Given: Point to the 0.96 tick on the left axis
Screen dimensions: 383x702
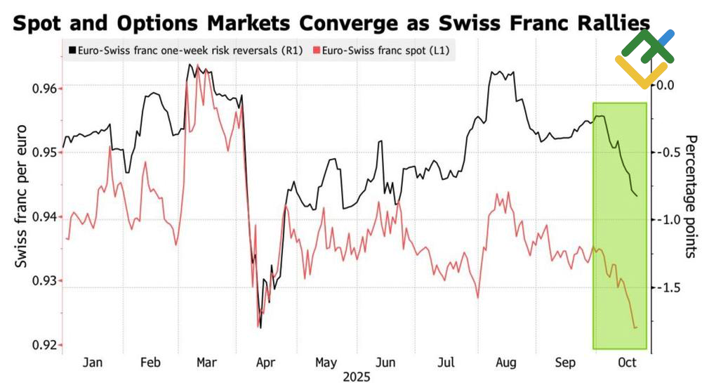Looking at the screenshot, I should click(44, 89).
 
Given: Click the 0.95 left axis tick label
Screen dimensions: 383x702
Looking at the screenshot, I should click(44, 152).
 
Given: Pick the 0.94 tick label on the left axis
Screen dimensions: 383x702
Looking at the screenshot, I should click(44, 217).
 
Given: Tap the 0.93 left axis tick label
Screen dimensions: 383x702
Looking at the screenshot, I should click(44, 281).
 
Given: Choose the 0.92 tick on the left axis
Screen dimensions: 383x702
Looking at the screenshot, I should click(44, 345).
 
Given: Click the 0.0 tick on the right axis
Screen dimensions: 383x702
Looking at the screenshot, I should click(663, 85).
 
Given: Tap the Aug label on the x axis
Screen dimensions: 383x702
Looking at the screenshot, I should click(506, 363).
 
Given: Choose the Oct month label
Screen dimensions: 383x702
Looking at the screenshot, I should click(626, 363).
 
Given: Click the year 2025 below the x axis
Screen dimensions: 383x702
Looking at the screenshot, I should click(357, 377).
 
